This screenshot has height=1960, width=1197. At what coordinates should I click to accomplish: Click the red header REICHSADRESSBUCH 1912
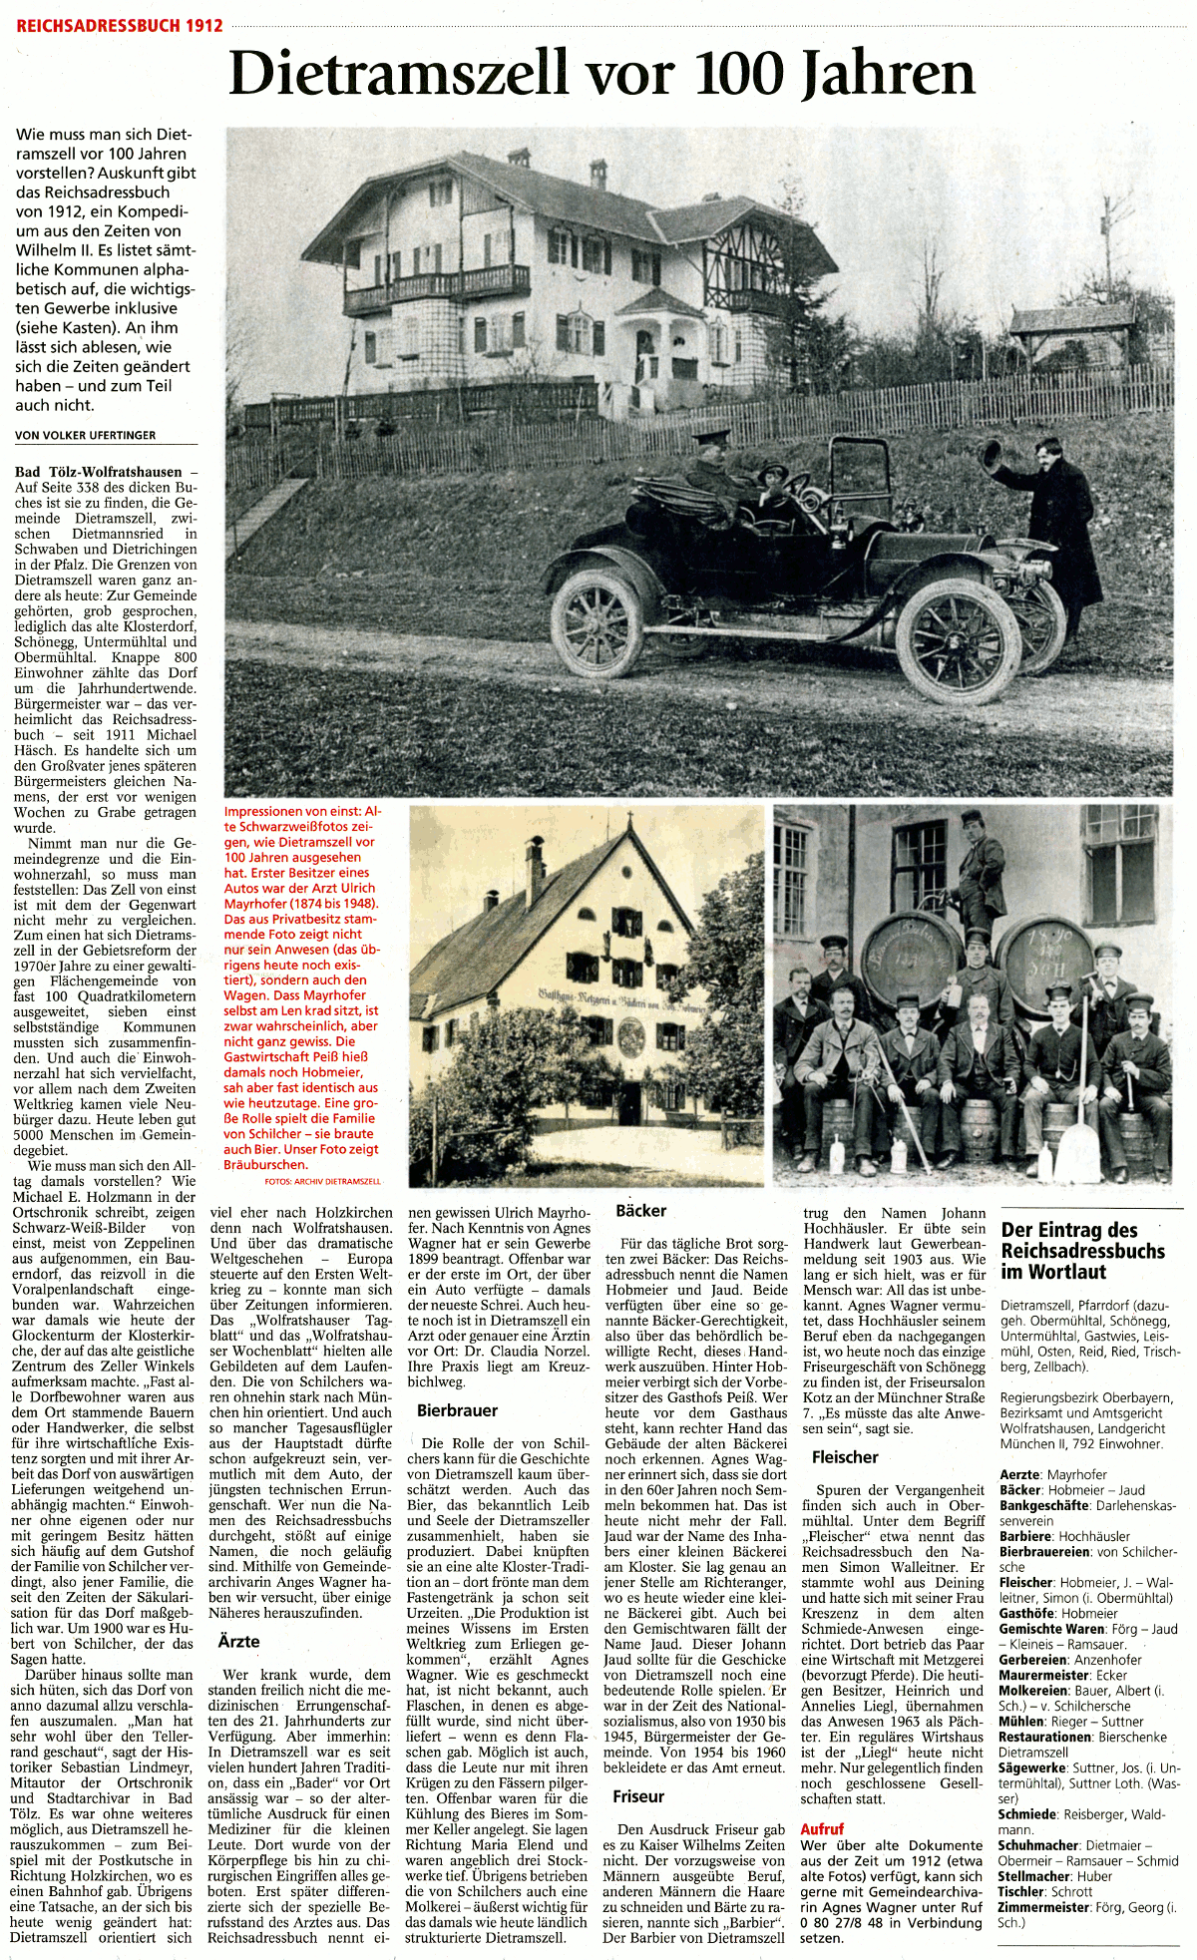coord(120,25)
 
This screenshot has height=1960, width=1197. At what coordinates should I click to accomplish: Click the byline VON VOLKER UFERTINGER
coord(86,435)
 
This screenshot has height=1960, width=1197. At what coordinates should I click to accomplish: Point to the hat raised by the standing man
coord(990,455)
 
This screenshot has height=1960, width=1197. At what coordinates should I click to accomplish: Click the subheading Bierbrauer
coord(457,1410)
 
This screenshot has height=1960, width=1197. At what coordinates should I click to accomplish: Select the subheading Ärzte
coord(239,1641)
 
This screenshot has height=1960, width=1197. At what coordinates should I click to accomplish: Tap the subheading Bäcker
coord(641,1210)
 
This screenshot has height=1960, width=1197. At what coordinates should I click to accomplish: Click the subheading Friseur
coord(638,1796)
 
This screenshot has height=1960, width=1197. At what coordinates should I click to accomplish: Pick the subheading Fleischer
coord(845,1457)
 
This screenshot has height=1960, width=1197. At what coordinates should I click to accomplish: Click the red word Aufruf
coord(822,1829)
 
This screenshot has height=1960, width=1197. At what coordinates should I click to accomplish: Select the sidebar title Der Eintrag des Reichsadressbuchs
coord(1082,1251)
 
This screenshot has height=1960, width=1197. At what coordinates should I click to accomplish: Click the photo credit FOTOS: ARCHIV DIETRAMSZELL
coord(322,1181)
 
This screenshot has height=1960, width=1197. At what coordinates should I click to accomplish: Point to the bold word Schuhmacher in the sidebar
coord(1038,1845)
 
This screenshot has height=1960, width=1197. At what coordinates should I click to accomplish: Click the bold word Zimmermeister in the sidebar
coord(1045,1907)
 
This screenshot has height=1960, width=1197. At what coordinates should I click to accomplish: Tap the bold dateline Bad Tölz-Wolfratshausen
coord(99,472)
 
